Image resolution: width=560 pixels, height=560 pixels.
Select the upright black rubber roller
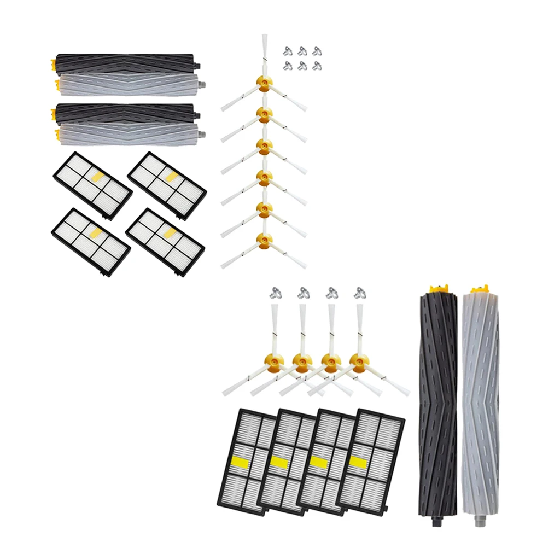click(x=437, y=405)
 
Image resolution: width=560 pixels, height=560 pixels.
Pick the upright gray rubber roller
click(x=480, y=405)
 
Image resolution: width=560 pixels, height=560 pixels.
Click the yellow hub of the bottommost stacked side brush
click(x=264, y=239)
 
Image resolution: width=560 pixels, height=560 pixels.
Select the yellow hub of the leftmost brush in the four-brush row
click(x=274, y=360)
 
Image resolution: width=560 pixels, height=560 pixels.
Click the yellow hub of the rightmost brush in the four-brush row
click(x=359, y=360)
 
